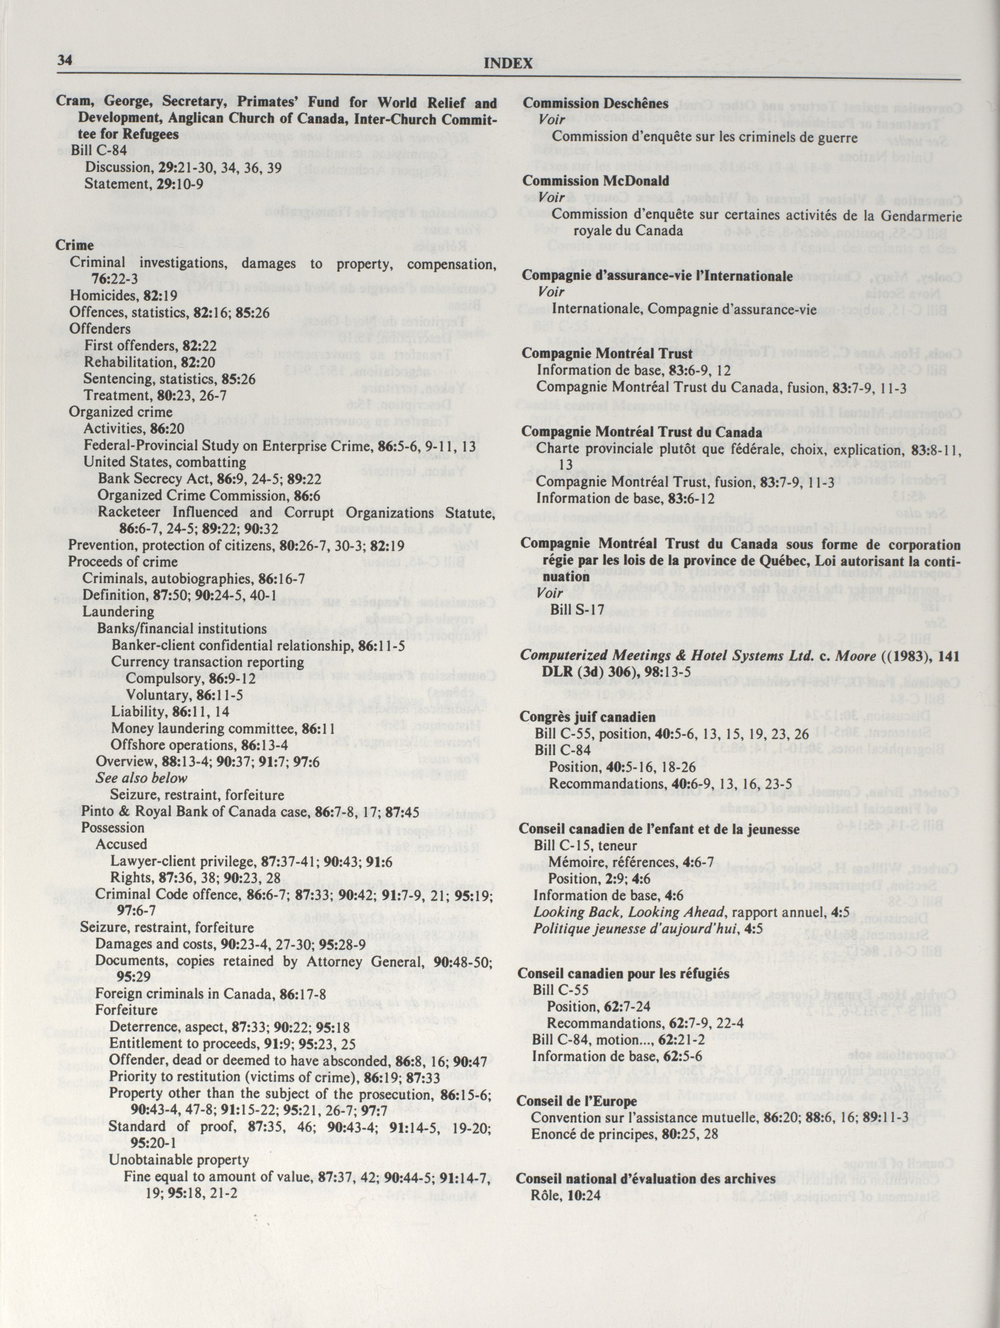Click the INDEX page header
508,64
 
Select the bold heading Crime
74,246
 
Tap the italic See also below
142,778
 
